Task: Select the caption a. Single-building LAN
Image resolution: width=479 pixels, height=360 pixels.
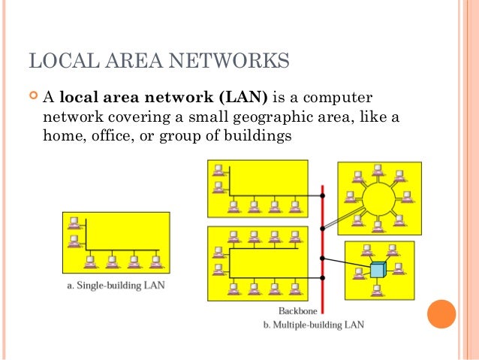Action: (x=112, y=286)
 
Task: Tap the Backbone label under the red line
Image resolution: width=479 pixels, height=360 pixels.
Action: (x=297, y=310)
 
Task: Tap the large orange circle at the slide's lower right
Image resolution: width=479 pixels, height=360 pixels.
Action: (x=441, y=315)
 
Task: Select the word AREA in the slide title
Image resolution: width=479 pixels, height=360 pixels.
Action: (x=131, y=59)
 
